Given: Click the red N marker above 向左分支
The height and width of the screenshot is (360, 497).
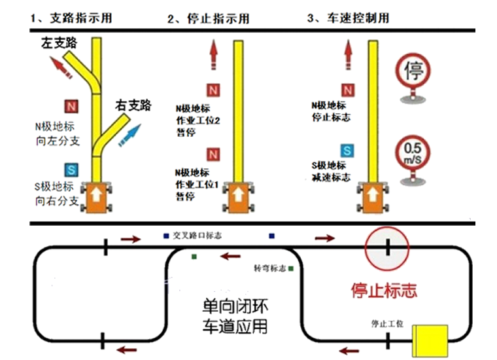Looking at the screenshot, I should point(71,106).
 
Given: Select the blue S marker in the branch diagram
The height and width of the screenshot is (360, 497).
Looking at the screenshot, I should point(71,170).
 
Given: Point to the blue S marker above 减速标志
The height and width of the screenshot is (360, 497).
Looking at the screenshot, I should point(347,151).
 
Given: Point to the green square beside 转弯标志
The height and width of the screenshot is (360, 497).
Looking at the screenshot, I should point(290,268).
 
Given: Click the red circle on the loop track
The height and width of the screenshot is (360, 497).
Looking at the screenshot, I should point(388,248).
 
